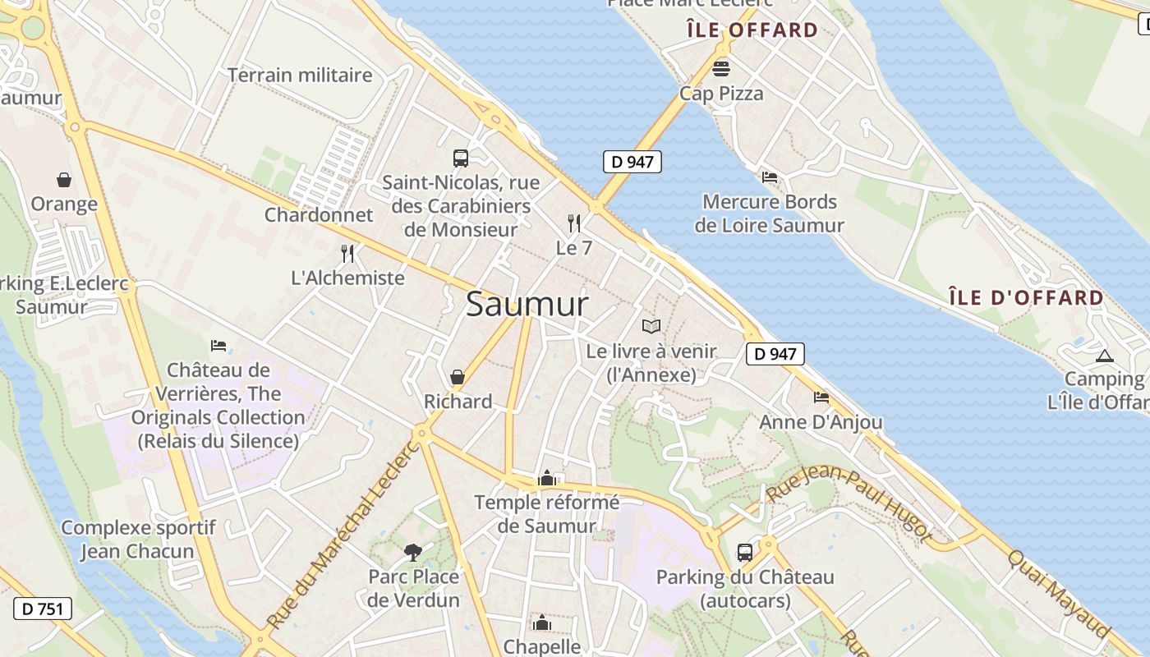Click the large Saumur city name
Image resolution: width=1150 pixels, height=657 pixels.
527,305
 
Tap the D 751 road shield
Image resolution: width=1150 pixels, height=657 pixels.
43,609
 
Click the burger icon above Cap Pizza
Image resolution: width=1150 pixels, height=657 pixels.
721,68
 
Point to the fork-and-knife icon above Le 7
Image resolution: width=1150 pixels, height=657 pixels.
574,223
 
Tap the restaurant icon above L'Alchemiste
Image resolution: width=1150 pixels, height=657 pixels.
347,253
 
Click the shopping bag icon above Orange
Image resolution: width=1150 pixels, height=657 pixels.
63,179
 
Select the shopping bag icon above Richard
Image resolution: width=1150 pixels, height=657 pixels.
458,377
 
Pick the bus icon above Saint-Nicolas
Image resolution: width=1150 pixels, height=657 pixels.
461,158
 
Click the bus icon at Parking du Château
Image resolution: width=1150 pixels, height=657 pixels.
745,552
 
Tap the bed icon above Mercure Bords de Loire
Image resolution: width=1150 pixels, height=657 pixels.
770,177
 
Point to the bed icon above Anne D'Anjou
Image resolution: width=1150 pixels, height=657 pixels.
821,397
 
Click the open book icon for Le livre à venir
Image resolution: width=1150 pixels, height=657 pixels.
651,326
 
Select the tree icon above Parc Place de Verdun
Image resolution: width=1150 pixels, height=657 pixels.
413,552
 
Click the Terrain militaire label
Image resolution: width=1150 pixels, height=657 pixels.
300,75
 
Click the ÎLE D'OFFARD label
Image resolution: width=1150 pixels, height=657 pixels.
1026,297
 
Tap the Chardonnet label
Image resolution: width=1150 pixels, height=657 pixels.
319,215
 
